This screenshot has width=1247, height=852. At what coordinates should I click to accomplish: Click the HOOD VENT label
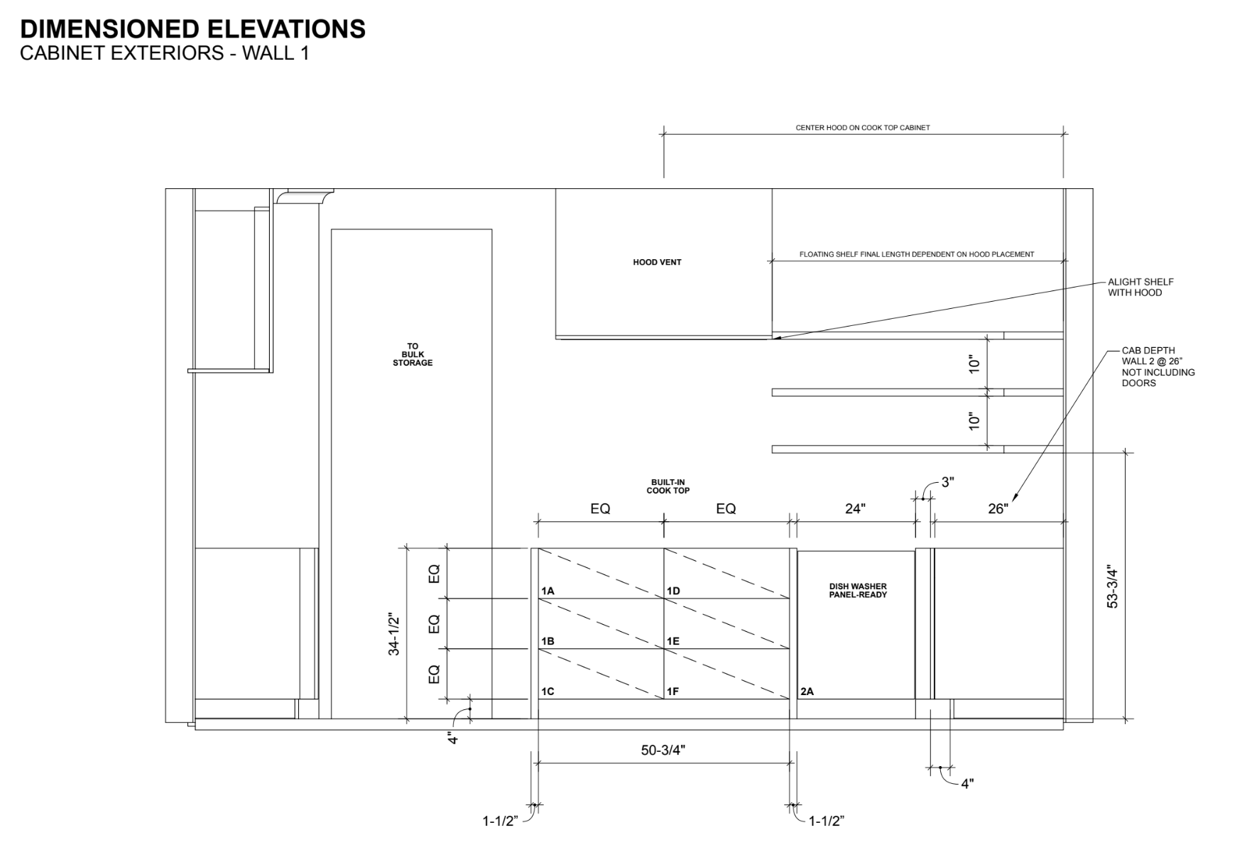pos(657,262)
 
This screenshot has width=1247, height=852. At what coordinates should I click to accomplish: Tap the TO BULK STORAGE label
pos(413,354)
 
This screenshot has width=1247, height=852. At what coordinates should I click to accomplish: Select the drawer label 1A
pos(548,591)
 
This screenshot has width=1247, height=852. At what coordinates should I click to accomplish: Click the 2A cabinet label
pos(807,692)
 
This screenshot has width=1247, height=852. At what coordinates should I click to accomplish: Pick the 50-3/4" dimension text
pos(663,750)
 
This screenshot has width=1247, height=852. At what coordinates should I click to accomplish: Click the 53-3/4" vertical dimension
pos(1112,586)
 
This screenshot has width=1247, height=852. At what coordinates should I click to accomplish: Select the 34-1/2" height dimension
pos(394,634)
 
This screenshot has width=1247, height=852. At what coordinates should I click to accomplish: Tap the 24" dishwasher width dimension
pos(856,508)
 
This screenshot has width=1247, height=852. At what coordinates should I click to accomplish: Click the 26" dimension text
pos(998,508)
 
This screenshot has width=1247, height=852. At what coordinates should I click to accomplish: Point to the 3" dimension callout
pos(948,482)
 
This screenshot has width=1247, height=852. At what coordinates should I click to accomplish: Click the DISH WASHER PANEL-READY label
pos(858,591)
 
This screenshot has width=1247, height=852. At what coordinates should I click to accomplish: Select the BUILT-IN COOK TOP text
pos(668,486)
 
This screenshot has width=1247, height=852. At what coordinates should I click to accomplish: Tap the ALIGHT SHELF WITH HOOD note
pos(1140,287)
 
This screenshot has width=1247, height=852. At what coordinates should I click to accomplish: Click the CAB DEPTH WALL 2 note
pos(1158,366)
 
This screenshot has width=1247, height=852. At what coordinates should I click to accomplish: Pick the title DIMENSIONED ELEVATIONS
pos(193,29)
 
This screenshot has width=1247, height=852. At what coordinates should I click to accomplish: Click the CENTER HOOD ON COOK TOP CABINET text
pos(863,128)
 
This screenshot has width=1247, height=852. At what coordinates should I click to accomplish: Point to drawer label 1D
pos(673,591)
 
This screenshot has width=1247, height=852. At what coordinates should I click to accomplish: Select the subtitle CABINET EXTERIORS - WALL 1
pos(165,53)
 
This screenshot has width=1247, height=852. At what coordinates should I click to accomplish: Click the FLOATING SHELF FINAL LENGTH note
pos(917,254)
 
